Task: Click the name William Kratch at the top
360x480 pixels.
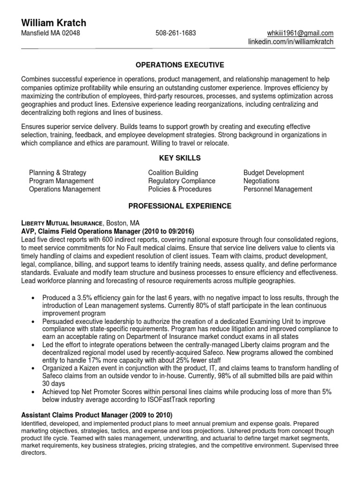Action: coord(53,22)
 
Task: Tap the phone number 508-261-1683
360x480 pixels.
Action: coord(176,33)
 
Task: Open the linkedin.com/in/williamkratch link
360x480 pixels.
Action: coord(291,42)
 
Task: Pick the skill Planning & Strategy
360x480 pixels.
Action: coord(58,172)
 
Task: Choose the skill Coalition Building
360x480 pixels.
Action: coord(173,172)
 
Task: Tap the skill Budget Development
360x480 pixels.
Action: coord(274,172)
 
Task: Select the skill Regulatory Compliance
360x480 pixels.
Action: coord(181,181)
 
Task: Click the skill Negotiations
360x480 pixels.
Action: coord(261,181)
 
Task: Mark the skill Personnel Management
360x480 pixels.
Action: coord(277,189)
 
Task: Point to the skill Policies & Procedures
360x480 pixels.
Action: coord(180,189)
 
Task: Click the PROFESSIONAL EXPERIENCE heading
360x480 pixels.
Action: coord(180,206)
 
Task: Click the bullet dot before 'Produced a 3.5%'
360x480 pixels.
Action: coord(33,298)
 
